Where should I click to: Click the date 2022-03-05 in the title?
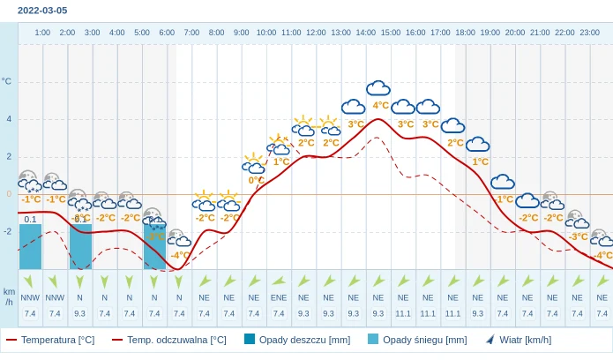pyautogui.click(x=42, y=11)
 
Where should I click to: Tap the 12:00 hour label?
pyautogui.click(x=316, y=33)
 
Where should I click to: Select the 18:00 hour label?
pyautogui.click(x=465, y=33)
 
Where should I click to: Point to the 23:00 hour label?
pyautogui.click(x=589, y=33)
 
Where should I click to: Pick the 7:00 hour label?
pyautogui.click(x=191, y=33)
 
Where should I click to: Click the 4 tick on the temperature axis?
pyautogui.click(x=9, y=119)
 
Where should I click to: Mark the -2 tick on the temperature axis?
pyautogui.click(x=8, y=232)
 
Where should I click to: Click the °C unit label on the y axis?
pyautogui.click(x=7, y=81)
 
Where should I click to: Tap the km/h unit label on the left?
pyautogui.click(x=9, y=296)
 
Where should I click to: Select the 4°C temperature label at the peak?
pyautogui.click(x=380, y=105)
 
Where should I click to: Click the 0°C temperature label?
pyautogui.click(x=256, y=180)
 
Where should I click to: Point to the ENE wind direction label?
pyautogui.click(x=279, y=297)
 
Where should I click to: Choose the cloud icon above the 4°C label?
pyautogui.click(x=378, y=87)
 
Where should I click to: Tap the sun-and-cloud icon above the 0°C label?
pyautogui.click(x=254, y=163)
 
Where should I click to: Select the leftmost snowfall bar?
pyautogui.click(x=31, y=246)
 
